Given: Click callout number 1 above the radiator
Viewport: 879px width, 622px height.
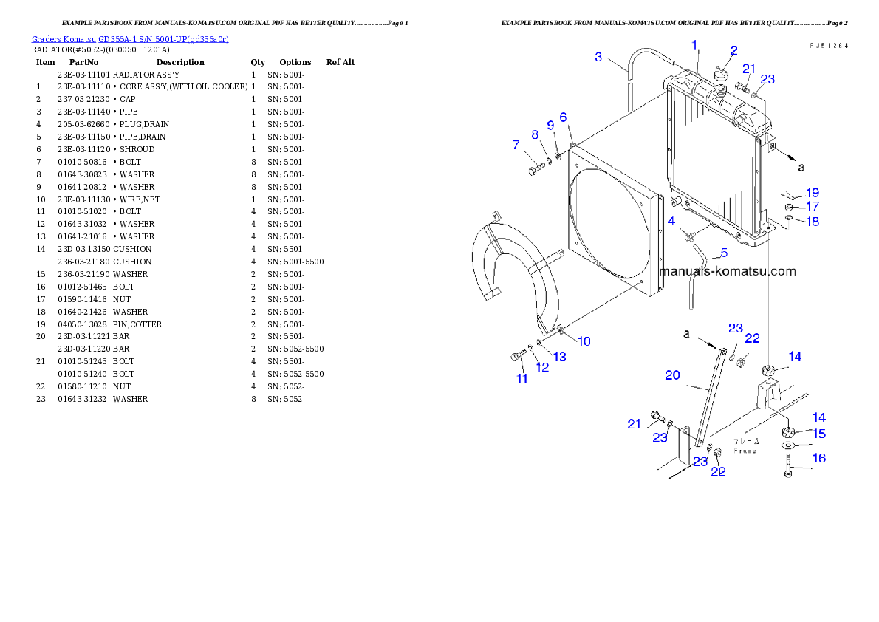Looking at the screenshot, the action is [x=694, y=45].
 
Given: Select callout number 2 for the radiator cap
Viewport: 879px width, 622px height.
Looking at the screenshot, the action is [x=733, y=50].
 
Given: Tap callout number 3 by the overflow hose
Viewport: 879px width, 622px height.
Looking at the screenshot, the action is [x=598, y=56].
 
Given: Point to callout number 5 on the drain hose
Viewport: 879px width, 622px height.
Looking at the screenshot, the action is [x=723, y=253].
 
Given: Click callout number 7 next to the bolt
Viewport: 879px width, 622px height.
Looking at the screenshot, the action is [x=516, y=146].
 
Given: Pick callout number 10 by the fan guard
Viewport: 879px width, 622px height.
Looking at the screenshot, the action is [x=584, y=341].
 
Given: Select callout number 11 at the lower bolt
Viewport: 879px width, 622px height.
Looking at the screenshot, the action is [x=522, y=379].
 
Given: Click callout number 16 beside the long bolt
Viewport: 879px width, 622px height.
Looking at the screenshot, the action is [x=819, y=458].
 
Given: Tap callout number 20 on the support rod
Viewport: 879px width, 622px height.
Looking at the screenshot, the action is [x=672, y=375].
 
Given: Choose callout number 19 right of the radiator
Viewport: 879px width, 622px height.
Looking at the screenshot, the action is [x=813, y=193].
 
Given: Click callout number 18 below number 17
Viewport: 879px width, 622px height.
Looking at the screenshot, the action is [x=813, y=222].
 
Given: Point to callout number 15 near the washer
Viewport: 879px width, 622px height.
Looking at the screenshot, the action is [x=819, y=434].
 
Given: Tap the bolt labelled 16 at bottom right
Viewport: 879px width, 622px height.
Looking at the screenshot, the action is [x=789, y=465].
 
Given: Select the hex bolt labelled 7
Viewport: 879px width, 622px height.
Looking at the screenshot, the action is [x=534, y=171].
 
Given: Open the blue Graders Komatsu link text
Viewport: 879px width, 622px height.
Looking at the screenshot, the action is [x=130, y=38].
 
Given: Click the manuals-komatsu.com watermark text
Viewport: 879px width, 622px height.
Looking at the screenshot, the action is [x=728, y=271].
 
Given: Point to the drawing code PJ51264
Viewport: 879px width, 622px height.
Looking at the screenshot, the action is [x=828, y=45].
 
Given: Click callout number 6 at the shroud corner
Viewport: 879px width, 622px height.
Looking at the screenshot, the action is [x=563, y=117].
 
